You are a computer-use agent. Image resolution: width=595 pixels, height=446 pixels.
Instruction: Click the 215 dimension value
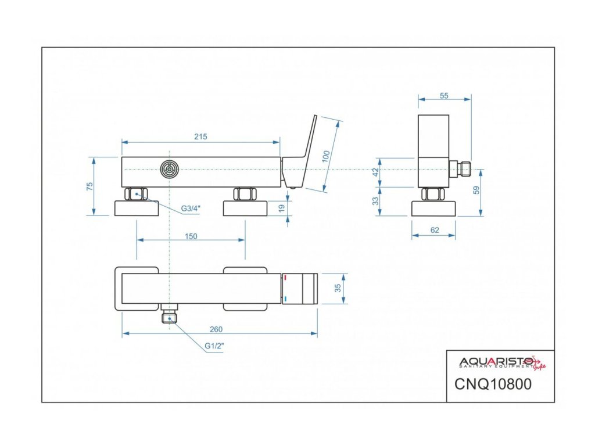pos(200,136)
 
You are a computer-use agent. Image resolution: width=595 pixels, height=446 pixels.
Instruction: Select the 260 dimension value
pos(216,329)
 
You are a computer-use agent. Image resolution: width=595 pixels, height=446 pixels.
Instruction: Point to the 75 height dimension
pos(89,186)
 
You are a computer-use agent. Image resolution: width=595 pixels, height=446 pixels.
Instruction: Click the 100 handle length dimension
pos(326,156)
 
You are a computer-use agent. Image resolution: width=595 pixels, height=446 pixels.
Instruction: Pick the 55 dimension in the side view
pos(445,96)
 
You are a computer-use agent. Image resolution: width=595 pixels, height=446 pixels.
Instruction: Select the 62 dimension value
pos(435,231)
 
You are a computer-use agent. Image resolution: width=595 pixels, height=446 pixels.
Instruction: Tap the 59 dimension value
pos(477,192)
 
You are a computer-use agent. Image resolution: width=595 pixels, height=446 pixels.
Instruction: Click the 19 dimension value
pos(281,207)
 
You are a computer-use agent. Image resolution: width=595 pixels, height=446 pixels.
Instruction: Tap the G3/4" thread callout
pos(190,208)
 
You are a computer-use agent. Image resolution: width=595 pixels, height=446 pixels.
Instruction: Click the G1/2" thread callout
pos(214,346)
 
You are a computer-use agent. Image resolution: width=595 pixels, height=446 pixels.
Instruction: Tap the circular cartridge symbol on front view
pos(169,169)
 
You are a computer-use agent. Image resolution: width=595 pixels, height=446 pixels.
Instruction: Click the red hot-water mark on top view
pos(285,279)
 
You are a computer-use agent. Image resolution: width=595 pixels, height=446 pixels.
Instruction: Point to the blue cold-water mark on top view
pos(285,298)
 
